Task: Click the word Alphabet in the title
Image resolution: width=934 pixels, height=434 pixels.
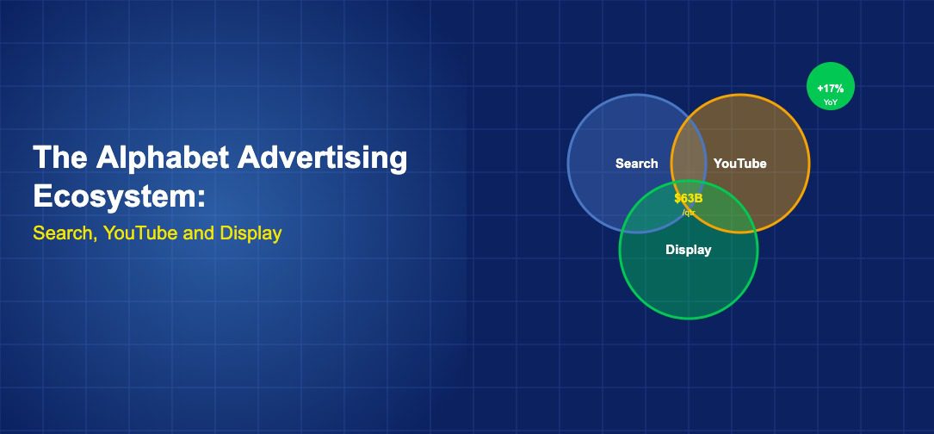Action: click(162, 158)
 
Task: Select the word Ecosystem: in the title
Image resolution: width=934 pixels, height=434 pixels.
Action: click(119, 196)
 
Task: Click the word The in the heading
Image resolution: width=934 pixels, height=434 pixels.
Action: click(59, 158)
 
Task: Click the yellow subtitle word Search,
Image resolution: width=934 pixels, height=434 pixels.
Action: click(65, 233)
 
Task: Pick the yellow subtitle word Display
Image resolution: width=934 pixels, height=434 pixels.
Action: click(251, 233)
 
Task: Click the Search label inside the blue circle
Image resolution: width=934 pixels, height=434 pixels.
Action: click(637, 164)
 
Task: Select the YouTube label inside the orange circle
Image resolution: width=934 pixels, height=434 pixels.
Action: click(739, 164)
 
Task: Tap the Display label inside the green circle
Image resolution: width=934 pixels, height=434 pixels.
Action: click(688, 250)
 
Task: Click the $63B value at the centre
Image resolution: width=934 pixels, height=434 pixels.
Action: click(688, 199)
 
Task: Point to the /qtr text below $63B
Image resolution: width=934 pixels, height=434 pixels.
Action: click(689, 212)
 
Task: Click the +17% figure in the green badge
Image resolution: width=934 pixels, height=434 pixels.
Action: click(831, 89)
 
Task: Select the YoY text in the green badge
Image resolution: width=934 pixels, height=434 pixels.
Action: click(831, 102)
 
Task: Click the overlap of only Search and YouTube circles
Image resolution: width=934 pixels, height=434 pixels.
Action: click(689, 149)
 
